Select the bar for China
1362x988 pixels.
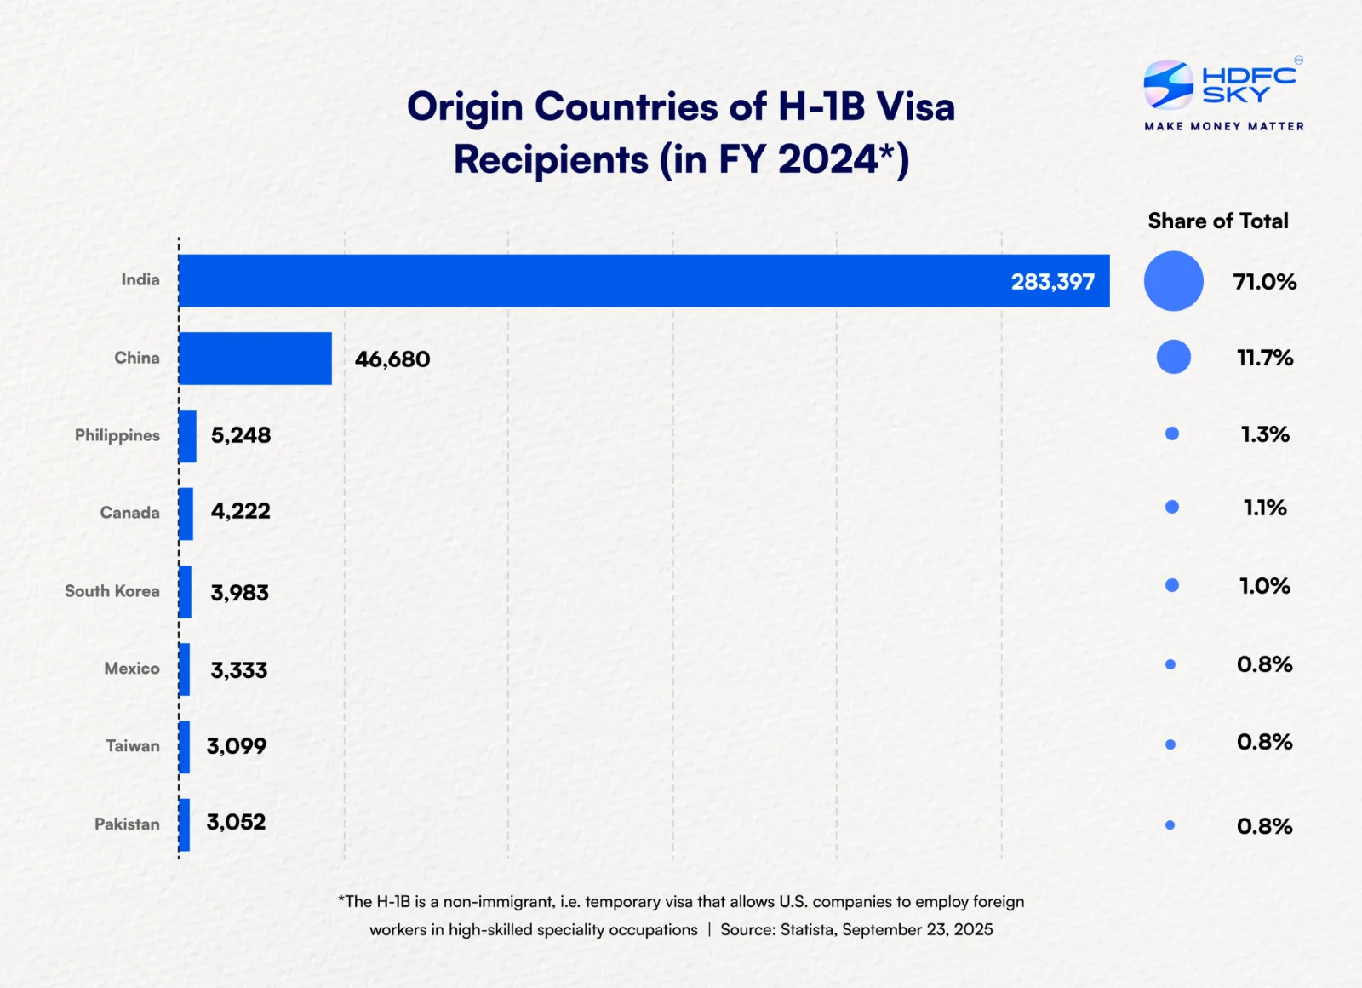pos(255,359)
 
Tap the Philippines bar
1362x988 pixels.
pos(187,436)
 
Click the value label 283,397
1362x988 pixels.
pos(1052,282)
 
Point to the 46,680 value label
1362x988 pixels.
pos(392,359)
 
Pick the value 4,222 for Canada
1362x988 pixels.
pos(241,511)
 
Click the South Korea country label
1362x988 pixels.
pos(112,591)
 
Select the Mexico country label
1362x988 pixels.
pos(132,669)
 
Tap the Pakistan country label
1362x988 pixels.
pos(127,824)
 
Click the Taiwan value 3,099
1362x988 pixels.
pos(237,746)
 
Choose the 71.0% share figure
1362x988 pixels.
pos(1264,282)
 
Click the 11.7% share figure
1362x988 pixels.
pos(1264,358)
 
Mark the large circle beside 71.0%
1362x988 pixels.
pos(1173,281)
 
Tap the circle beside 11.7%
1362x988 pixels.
pos(1173,357)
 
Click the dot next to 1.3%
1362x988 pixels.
pos(1172,434)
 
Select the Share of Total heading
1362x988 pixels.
pos(1218,221)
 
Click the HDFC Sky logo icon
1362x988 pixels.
pos(1168,84)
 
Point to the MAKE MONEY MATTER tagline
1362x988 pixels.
pos(1224,126)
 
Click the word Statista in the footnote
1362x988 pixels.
pos(807,930)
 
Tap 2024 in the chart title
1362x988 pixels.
pos(827,160)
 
